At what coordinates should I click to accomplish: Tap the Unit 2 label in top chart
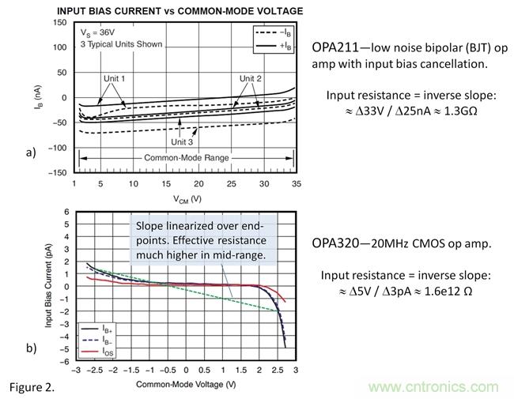point(251,79)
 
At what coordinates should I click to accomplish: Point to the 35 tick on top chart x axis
point(296,183)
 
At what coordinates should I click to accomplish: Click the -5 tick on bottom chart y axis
point(67,349)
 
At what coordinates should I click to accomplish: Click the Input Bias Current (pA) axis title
point(49,286)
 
